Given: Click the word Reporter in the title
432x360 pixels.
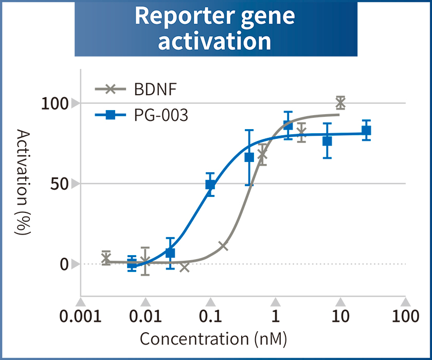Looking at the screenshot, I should (172, 16).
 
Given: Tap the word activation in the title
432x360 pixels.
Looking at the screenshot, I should (214, 41).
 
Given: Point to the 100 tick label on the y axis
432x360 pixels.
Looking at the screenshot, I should (55, 103).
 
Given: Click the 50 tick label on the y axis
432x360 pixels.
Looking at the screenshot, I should (60, 184).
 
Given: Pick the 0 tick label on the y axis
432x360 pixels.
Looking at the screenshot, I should (64, 264).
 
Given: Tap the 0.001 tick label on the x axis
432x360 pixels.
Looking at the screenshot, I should (80, 315).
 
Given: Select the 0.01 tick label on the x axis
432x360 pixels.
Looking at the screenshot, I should (145, 315).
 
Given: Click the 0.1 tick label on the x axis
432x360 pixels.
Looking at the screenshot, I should (210, 315).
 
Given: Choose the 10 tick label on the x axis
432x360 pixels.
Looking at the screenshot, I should (340, 315).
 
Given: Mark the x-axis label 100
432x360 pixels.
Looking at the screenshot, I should (405, 315).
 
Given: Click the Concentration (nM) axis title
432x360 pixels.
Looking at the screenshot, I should (213, 339).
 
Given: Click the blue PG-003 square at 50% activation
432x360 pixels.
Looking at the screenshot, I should (210, 185).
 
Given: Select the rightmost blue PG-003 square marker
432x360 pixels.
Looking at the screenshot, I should (366, 130).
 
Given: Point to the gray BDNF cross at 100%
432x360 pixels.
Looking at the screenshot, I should (340, 103).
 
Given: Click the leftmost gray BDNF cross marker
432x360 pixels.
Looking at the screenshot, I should (106, 259).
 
